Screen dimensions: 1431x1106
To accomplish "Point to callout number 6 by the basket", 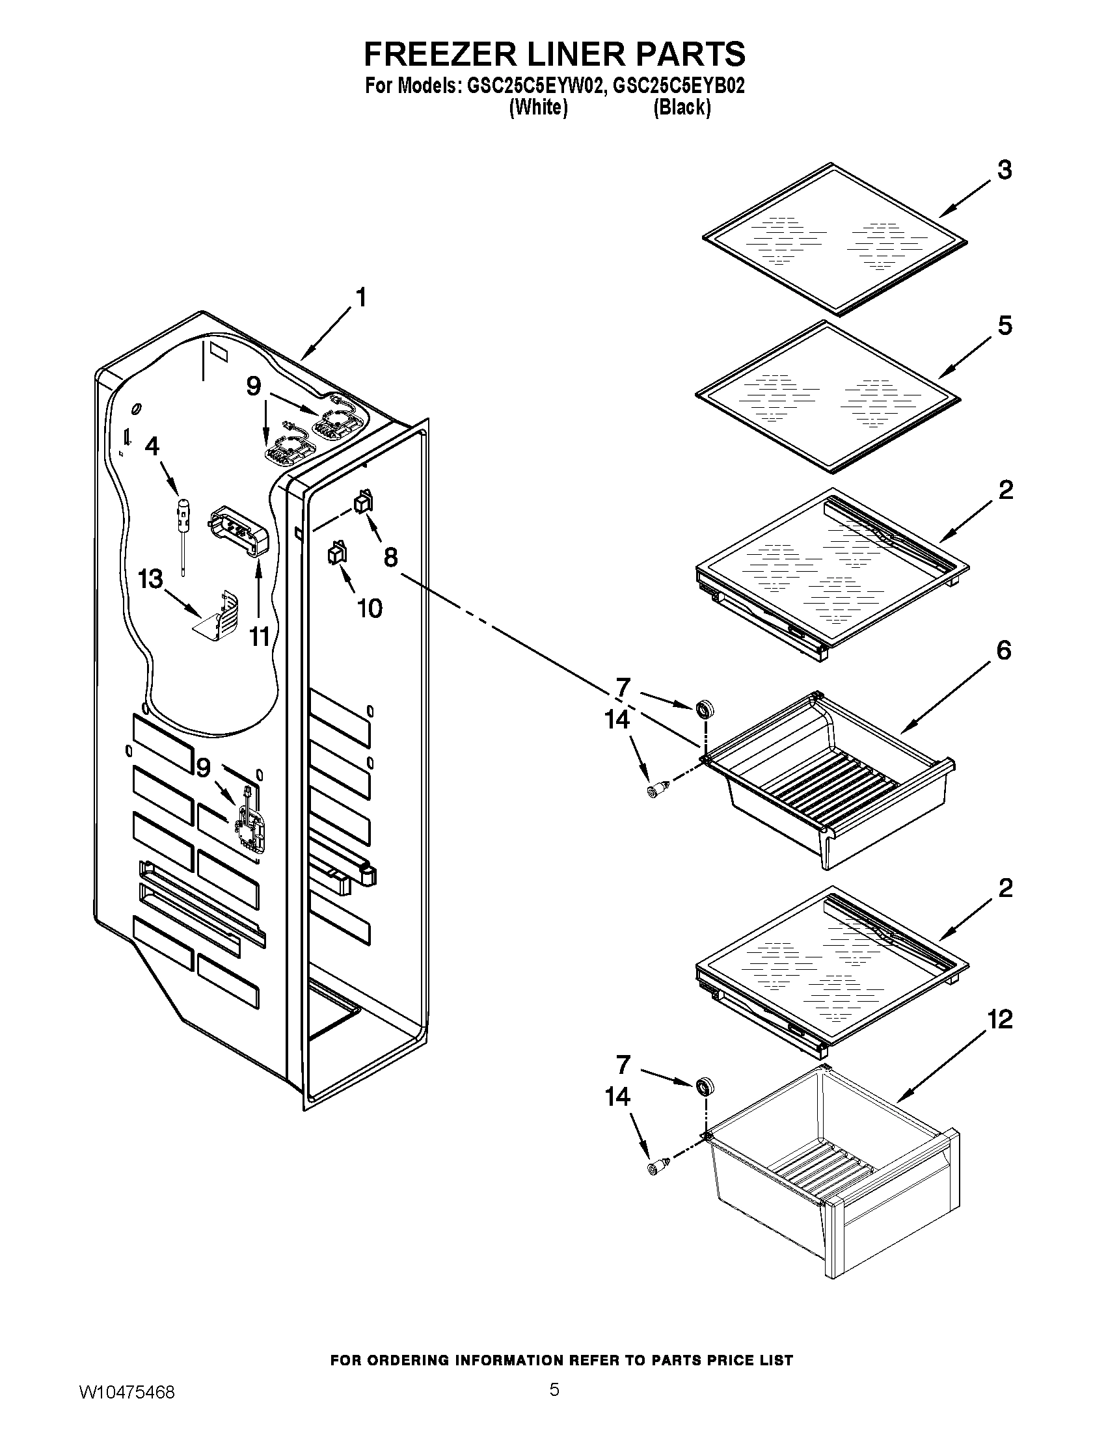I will coord(1004,650).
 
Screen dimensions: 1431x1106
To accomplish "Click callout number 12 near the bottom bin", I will coord(1000,1019).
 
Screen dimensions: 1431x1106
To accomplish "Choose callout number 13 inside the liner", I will coord(150,579).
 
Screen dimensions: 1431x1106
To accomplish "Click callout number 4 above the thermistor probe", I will coord(152,446).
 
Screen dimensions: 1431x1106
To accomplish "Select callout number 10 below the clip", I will coord(370,608).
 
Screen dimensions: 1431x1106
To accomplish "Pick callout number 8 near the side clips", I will coord(390,557).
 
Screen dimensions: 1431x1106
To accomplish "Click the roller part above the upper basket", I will coord(705,709).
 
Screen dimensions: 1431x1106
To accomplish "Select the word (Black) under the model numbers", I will coord(681,107).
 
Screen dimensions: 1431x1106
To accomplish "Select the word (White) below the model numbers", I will coord(538,107).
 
